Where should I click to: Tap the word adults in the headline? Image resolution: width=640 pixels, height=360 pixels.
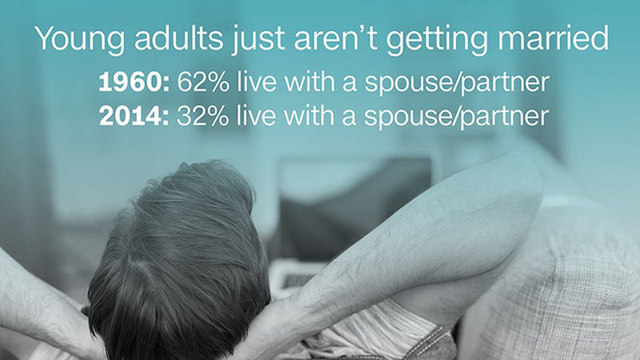pyautogui.click(x=178, y=38)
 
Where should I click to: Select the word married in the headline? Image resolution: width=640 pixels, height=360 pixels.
pyautogui.click(x=553, y=38)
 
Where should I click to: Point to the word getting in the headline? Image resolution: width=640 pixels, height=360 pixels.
pyautogui.click(x=437, y=40)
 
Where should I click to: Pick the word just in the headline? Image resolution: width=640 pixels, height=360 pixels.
pyautogui.click(x=258, y=40)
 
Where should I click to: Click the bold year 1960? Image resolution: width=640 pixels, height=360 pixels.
pyautogui.click(x=134, y=83)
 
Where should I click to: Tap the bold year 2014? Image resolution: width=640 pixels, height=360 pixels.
pyautogui.click(x=134, y=117)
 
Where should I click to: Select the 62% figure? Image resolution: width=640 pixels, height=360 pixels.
pyautogui.click(x=203, y=82)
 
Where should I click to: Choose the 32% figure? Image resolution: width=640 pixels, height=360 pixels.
pyautogui.click(x=203, y=116)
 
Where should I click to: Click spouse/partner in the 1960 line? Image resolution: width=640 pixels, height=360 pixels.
pyautogui.click(x=456, y=84)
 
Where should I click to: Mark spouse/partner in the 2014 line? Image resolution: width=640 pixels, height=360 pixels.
pyautogui.click(x=456, y=118)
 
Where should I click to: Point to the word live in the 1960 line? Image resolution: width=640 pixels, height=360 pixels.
pyautogui.click(x=256, y=82)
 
